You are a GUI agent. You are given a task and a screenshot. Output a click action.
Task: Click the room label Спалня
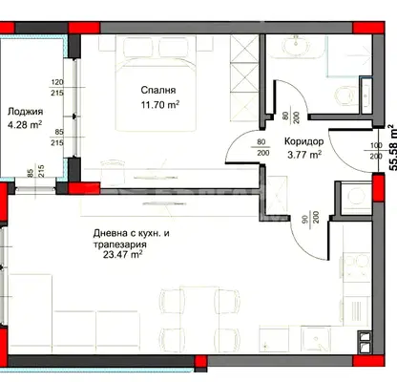[158, 91]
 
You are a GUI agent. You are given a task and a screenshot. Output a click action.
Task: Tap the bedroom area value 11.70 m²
[160, 104]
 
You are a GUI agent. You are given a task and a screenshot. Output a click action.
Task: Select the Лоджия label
[25, 112]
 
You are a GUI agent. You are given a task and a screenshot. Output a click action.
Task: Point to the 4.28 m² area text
[25, 124]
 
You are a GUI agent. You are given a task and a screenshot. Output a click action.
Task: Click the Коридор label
[303, 141]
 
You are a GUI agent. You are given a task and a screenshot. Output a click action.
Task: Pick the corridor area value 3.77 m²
[304, 155]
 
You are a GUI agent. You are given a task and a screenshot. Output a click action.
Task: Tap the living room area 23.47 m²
[122, 255]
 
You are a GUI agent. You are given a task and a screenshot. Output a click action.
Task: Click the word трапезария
[120, 244]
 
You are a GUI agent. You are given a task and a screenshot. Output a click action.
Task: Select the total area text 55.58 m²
[393, 147]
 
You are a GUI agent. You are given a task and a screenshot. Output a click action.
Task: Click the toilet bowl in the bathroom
[345, 95]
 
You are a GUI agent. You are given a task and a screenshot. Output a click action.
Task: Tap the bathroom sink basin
[296, 46]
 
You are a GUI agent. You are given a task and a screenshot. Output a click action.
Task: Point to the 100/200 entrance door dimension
[377, 151]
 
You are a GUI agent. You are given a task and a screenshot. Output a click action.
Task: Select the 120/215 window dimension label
[57, 88]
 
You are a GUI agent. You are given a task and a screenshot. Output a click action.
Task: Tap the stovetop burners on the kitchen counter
[357, 267]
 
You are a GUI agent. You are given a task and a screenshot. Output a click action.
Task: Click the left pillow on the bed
[138, 47]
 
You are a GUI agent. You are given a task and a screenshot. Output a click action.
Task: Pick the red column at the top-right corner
[368, 28]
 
